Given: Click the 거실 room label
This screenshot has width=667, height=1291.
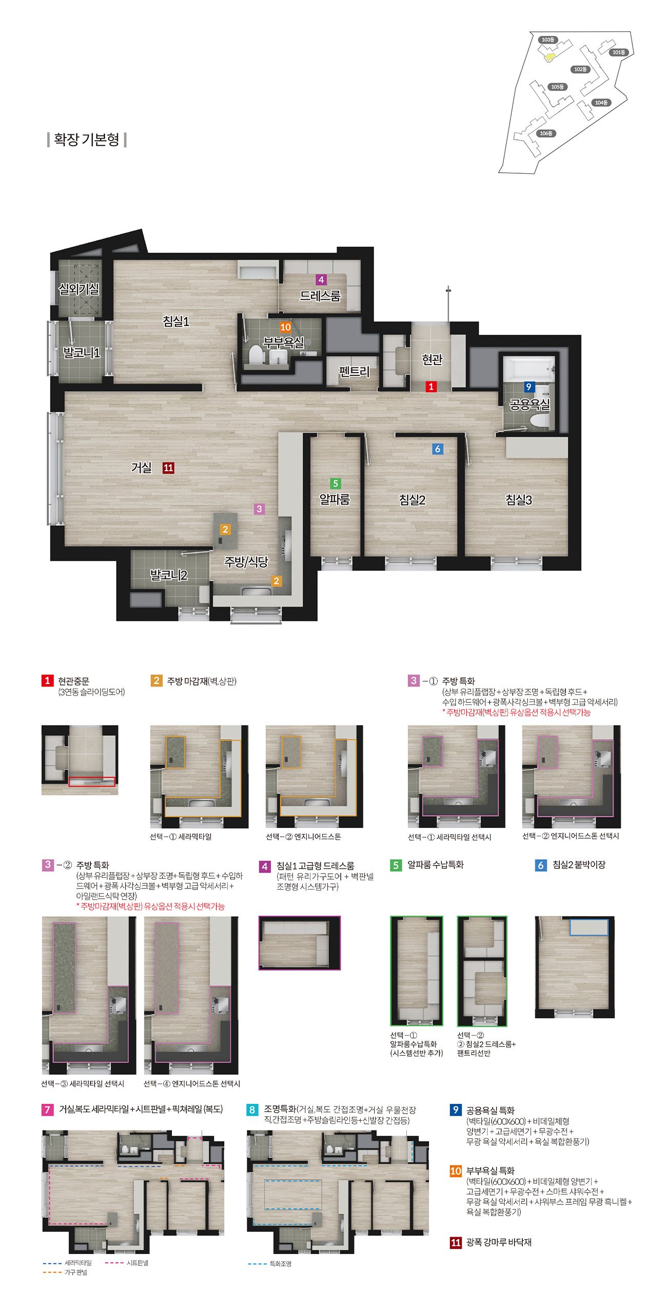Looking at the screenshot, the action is [x=142, y=468].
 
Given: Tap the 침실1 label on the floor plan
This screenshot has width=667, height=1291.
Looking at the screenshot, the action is [x=176, y=321].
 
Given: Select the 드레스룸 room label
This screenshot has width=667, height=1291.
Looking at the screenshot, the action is [x=320, y=296].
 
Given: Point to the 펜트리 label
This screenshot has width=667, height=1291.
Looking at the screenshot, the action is [x=354, y=371].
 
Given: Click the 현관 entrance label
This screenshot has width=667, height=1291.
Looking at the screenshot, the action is [x=431, y=360].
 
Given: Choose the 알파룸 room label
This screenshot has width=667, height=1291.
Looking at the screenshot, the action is [x=335, y=499].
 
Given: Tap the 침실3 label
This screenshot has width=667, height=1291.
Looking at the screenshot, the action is [x=519, y=499].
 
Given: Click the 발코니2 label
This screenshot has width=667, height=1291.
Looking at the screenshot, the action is [x=168, y=575].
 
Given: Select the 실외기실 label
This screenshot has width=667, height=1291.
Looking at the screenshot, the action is [x=79, y=289].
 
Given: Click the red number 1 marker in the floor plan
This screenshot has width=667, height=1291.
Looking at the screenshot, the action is [x=431, y=387].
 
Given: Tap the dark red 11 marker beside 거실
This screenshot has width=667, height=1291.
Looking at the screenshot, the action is [x=168, y=468].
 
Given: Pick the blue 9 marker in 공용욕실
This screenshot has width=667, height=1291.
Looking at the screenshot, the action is [x=528, y=387].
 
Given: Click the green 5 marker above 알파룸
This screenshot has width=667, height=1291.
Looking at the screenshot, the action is [x=335, y=483].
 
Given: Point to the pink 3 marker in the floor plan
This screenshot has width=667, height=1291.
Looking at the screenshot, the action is [x=259, y=509].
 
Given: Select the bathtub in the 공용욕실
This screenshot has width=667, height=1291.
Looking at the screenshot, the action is [x=529, y=368].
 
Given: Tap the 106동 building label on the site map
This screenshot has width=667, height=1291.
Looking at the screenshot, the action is [x=546, y=133].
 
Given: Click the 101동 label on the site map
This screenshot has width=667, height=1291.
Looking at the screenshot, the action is [x=619, y=52].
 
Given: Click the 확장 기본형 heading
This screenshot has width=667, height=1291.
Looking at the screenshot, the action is [x=87, y=139].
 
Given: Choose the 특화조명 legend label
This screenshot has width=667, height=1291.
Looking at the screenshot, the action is [x=281, y=1264].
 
